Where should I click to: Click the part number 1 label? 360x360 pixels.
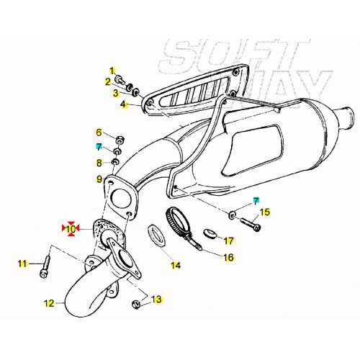tap(112, 70)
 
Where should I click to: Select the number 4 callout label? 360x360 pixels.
tap(123, 104)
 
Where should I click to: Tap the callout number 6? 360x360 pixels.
tap(99, 132)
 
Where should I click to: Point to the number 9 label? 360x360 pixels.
tap(99, 179)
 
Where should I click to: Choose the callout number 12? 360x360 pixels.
tap(48, 303)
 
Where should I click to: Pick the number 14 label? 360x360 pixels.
tap(175, 265)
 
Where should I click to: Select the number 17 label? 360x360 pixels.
tap(229, 240)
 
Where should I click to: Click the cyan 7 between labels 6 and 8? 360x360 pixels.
tap(99, 147)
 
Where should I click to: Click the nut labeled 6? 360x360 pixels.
tap(117, 138)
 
